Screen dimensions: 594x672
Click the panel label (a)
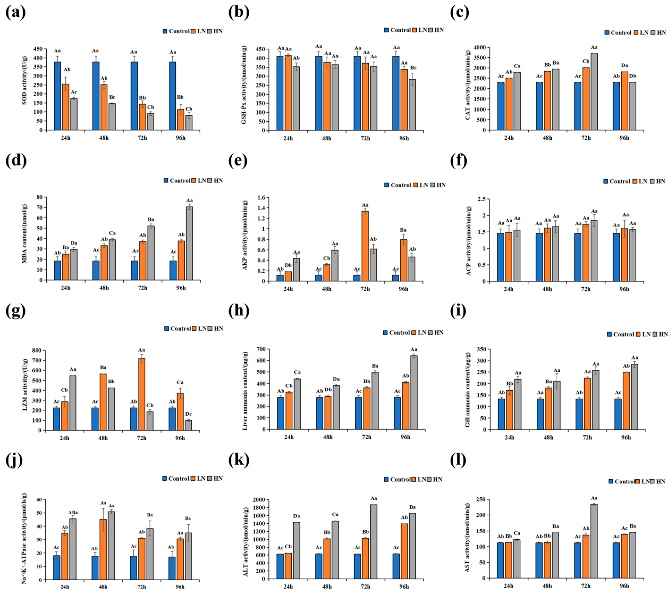15,13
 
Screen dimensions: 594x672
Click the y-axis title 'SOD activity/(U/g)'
25,81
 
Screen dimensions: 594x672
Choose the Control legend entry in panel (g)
177,329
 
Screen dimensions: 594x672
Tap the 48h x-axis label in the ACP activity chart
547,289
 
